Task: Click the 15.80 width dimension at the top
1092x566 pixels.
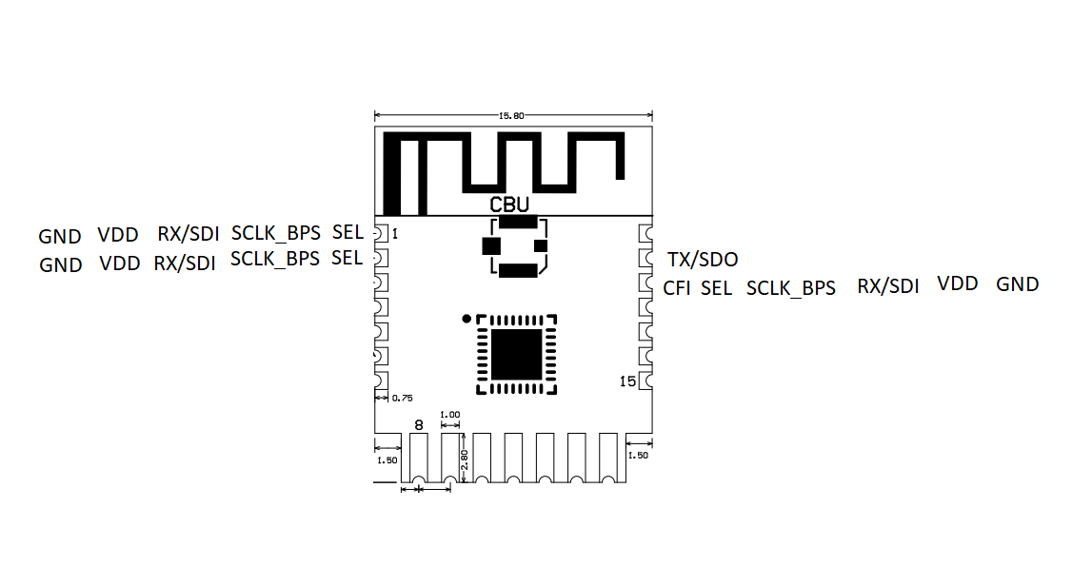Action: tap(511, 115)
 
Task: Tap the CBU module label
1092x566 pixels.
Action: tap(509, 205)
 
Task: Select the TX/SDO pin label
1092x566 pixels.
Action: tap(703, 260)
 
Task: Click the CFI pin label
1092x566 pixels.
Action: tap(676, 288)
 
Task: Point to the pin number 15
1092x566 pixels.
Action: tap(627, 381)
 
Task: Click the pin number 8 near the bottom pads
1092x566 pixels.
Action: tap(419, 424)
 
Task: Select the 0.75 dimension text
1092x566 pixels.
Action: tap(402, 399)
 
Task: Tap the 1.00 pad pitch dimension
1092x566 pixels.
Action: tap(450, 415)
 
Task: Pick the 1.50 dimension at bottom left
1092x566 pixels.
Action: tap(387, 460)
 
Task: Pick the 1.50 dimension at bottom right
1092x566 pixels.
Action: tap(638, 456)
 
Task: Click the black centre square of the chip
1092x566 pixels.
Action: tap(516, 355)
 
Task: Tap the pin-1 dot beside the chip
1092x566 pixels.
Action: tap(467, 319)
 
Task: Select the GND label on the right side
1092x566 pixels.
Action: tap(1018, 284)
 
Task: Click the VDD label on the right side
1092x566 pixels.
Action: tap(958, 283)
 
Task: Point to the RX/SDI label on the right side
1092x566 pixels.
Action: tap(888, 286)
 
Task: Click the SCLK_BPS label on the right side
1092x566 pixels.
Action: tap(791, 288)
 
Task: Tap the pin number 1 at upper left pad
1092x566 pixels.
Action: tap(395, 234)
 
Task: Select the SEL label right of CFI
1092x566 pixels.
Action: tap(717, 288)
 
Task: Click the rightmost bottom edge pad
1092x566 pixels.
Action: tap(608, 458)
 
